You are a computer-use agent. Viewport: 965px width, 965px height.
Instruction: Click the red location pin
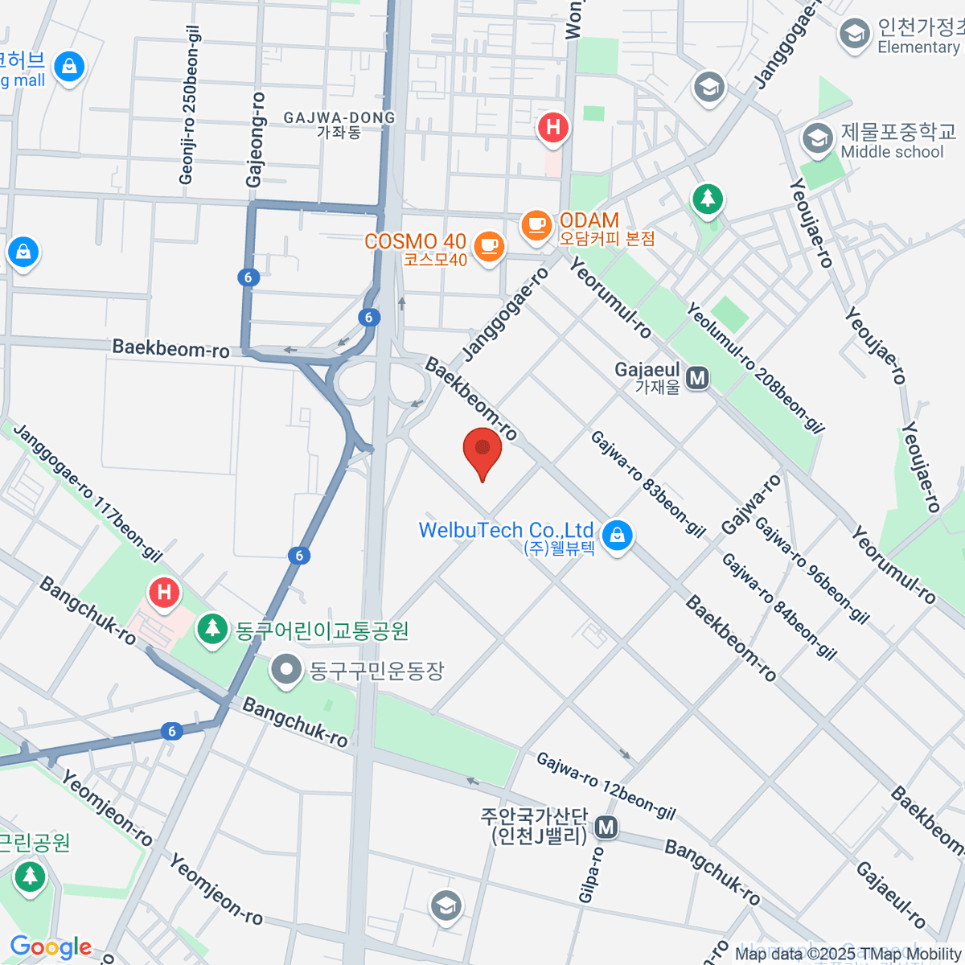[482, 450]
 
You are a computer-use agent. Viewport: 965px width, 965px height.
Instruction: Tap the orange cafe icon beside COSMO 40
[488, 245]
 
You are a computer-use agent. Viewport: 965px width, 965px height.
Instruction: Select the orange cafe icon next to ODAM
[536, 224]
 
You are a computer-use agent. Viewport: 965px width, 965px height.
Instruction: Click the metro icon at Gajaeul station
[697, 378]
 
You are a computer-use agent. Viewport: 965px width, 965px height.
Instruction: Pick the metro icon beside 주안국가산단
[606, 827]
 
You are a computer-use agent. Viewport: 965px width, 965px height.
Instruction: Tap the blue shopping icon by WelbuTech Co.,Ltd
[617, 536]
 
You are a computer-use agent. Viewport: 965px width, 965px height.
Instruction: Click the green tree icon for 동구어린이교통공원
[212, 629]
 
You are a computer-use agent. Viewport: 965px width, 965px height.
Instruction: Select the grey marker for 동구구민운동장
[285, 670]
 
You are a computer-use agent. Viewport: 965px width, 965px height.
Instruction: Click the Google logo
[51, 947]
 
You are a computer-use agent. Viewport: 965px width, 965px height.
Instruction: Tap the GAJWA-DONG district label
[339, 125]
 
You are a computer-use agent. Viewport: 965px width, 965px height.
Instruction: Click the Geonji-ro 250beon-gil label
[190, 105]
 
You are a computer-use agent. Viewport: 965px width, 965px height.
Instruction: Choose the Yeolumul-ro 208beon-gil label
[755, 368]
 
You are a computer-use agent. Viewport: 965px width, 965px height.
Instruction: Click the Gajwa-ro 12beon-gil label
[606, 786]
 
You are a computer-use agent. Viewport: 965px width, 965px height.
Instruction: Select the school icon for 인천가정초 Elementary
[854, 35]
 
